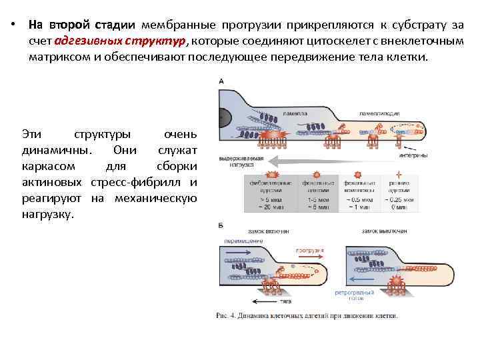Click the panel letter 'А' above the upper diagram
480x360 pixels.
tap(221, 81)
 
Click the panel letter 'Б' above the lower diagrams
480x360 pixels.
tap(221, 226)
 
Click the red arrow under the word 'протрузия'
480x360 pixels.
tap(307, 258)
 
